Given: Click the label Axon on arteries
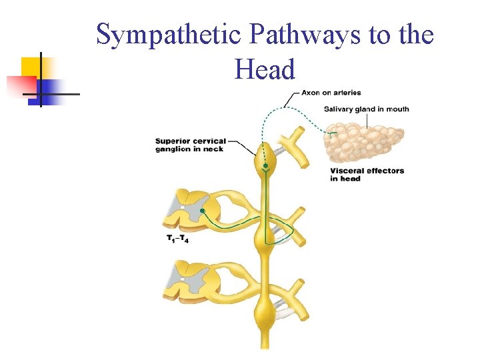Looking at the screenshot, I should (x=331, y=93).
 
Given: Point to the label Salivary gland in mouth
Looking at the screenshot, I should (x=366, y=109).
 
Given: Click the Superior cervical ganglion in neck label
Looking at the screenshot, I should (x=190, y=145).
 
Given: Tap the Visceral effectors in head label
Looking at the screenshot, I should (x=367, y=174).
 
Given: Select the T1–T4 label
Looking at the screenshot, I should (x=177, y=239).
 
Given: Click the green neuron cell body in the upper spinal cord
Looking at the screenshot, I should (x=202, y=211).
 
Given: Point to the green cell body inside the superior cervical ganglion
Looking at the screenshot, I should (x=265, y=165).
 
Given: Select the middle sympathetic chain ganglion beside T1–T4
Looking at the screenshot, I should (x=265, y=237).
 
